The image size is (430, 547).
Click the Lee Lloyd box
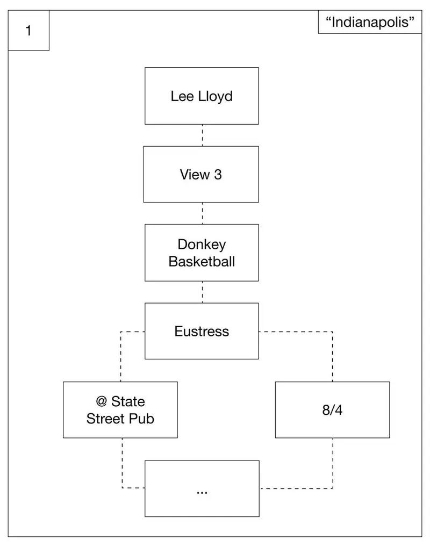tap(202, 96)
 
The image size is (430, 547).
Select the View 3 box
tap(201, 175)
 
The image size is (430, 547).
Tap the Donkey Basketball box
tap(202, 253)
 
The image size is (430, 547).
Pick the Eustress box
tap(202, 331)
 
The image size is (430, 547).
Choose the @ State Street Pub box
tap(120, 410)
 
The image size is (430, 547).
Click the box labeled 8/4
tap(332, 410)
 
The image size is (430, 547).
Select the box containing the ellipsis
tap(202, 488)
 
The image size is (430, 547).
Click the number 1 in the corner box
tap(28, 31)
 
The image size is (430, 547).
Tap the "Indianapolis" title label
tap(370, 22)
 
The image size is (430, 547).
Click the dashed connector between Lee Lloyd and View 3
tap(203, 135)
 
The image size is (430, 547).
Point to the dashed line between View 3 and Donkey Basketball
tap(203, 213)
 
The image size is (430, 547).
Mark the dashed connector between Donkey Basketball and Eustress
tap(203, 292)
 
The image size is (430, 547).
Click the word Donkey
tap(202, 245)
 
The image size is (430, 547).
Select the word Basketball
tap(202, 262)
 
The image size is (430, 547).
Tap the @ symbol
tap(101, 401)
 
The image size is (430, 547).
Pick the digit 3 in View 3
tap(218, 175)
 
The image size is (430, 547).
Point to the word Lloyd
tap(216, 97)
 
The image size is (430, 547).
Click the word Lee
tap(182, 96)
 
